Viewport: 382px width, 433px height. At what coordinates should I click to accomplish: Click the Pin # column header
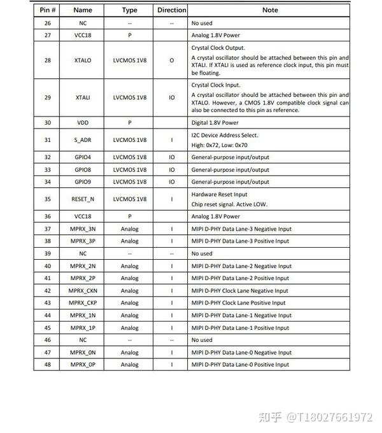pyautogui.click(x=48, y=10)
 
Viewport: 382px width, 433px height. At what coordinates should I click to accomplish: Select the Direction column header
pyautogui.click(x=172, y=10)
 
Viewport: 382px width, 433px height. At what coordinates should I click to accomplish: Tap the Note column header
pyautogui.click(x=270, y=10)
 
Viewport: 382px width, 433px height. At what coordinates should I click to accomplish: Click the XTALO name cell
pyautogui.click(x=83, y=60)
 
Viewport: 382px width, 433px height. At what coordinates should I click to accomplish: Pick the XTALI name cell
pyautogui.click(x=83, y=97)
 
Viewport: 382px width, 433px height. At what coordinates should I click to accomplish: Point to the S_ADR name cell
pyautogui.click(x=83, y=139)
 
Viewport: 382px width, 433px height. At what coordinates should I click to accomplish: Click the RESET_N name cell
pyautogui.click(x=83, y=199)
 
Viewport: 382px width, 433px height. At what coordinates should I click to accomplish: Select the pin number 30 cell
pyautogui.click(x=48, y=122)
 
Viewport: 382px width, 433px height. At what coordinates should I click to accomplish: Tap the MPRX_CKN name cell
pyautogui.click(x=83, y=290)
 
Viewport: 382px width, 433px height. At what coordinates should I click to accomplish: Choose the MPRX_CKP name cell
pyautogui.click(x=83, y=303)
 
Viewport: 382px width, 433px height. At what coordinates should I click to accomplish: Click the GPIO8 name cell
pyautogui.click(x=83, y=169)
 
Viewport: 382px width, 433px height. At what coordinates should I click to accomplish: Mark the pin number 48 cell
pyautogui.click(x=48, y=365)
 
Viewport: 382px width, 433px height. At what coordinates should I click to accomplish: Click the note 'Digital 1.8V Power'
pyautogui.click(x=215, y=122)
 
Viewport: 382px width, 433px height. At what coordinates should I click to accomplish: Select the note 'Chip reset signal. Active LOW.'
pyautogui.click(x=229, y=204)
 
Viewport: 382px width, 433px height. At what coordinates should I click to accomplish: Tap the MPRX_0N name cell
pyautogui.click(x=83, y=352)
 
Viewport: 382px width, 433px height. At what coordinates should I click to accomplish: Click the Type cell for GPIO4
pyautogui.click(x=130, y=157)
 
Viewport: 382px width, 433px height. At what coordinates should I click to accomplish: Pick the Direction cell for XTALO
pyautogui.click(x=172, y=60)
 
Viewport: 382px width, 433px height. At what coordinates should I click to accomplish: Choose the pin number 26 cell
pyautogui.click(x=48, y=23)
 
